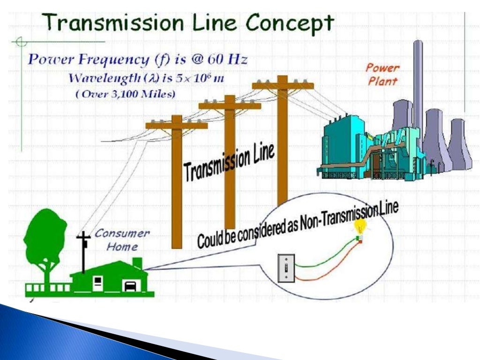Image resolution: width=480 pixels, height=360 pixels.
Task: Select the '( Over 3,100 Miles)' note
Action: coord(126,94)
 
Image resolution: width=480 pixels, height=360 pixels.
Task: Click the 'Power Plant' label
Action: coord(382,74)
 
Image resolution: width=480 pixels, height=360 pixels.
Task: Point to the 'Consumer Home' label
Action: coord(122,240)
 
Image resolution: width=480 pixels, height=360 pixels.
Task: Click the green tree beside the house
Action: coord(45,239)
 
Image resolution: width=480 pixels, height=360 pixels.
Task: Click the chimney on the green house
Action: coord(137,262)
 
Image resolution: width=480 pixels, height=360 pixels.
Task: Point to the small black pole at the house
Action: coord(83,253)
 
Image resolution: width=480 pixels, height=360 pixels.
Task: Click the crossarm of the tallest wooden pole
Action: coord(282,85)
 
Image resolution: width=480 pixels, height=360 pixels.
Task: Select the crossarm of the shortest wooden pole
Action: coord(176,125)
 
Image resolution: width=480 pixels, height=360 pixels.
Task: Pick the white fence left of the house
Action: coord(47,287)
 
